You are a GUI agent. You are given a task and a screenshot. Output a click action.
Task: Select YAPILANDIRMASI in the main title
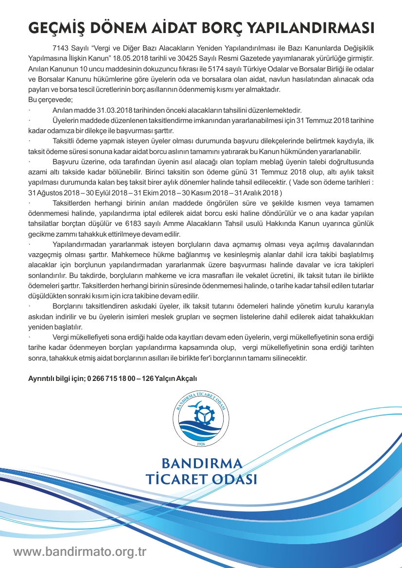click(318, 27)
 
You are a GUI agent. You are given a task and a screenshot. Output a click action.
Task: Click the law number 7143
click(60, 50)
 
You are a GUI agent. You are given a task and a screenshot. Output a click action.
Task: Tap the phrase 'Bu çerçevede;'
click(50, 100)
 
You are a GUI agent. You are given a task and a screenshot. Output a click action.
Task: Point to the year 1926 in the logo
click(201, 444)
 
